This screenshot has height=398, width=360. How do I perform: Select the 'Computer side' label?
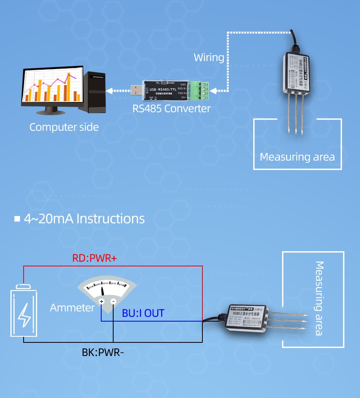pos(64,128)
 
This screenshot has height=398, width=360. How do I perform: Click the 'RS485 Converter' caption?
pos(171,108)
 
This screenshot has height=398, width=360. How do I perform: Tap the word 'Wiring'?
pos(209,58)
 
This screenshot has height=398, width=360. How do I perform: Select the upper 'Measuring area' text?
pos(297,157)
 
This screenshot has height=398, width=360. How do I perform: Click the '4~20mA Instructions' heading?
pos(84,219)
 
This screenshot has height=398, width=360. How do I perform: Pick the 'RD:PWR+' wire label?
pos(94,258)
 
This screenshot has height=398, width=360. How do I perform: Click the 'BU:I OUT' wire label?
pos(143,313)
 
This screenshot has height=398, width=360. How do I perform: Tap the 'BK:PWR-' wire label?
pos(103,353)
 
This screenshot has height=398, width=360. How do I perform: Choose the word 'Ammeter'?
pos(72,308)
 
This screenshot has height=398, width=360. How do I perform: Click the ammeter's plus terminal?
pos(102,302)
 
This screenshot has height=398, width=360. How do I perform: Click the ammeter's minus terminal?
pos(113,302)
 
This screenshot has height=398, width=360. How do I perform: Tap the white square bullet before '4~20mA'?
pos(17,219)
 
